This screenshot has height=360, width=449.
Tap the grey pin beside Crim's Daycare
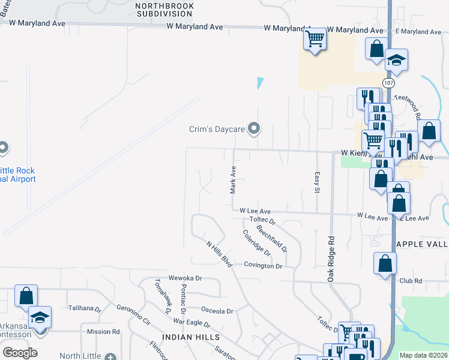[x=254, y=128]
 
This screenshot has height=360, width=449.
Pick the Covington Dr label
[x=263, y=266]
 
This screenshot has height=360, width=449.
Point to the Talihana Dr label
[x=85, y=308]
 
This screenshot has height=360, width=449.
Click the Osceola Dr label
[x=216, y=311]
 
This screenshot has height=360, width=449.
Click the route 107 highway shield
[x=388, y=82]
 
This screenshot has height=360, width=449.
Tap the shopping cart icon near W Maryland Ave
[x=316, y=40]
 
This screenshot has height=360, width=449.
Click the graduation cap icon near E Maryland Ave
[x=396, y=59]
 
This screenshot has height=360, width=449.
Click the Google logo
[x=20, y=353]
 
